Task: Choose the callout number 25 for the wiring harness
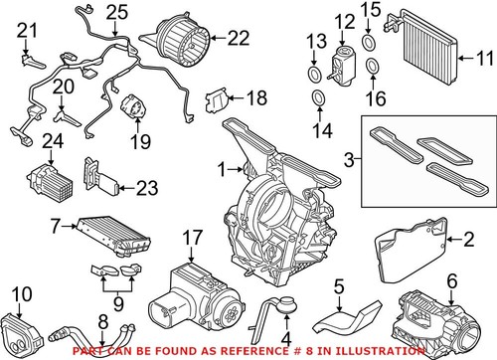coord(118,12)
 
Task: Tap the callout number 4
coord(287,321)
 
